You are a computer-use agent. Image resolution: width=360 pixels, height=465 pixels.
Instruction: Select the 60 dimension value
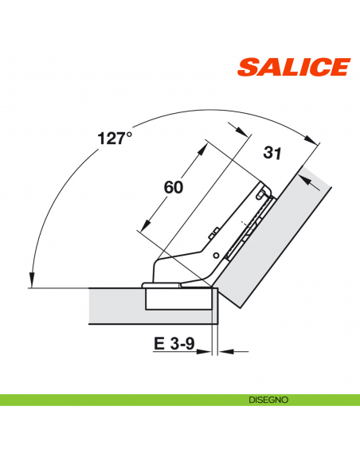point(173,188)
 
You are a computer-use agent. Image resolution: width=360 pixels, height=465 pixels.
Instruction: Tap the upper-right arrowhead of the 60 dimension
point(206,144)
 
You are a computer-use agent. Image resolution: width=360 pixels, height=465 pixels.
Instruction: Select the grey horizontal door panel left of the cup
point(115,305)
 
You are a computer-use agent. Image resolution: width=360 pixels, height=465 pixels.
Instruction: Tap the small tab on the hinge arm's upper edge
point(214,232)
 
